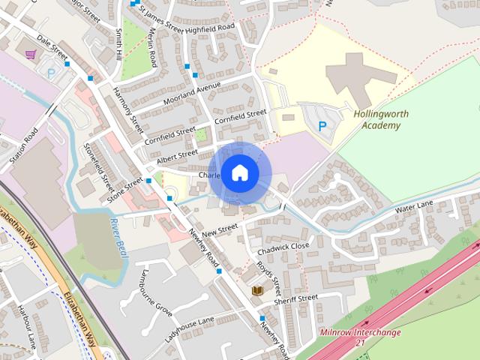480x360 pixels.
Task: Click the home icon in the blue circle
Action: [x=239, y=173]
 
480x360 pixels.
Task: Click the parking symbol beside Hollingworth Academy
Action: [x=322, y=127]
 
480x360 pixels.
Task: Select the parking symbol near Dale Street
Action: [x=52, y=73]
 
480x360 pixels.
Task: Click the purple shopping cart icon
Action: [x=30, y=54]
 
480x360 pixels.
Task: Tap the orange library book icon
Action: [x=257, y=290]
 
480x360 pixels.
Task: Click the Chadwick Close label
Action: [x=283, y=247]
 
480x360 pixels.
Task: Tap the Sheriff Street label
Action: [x=296, y=298]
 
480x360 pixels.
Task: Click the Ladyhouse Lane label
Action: [x=190, y=328]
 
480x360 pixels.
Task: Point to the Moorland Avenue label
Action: [x=194, y=94]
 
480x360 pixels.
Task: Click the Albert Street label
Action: [x=177, y=157]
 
